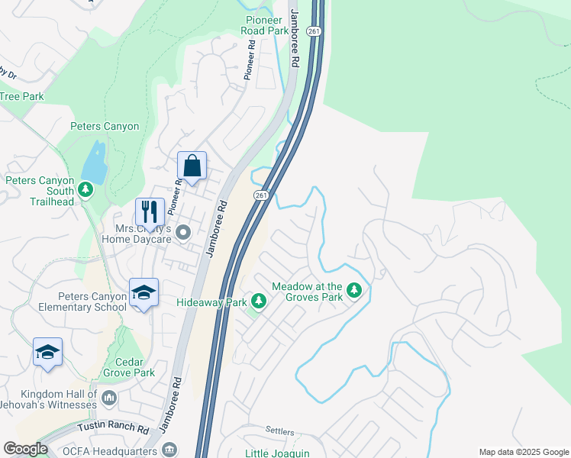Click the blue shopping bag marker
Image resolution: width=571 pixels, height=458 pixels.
click(192, 166)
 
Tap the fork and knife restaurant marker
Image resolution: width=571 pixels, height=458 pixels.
click(150, 211)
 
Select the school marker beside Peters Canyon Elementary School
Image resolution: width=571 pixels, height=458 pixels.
click(144, 293)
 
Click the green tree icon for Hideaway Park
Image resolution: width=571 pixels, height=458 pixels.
click(259, 303)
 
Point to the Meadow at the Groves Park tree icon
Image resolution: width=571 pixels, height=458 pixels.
click(353, 290)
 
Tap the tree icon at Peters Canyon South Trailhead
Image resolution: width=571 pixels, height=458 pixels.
click(85, 189)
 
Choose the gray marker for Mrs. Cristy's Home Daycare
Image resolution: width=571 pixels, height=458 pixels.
click(182, 231)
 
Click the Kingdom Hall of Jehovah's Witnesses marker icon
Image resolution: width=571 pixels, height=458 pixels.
click(108, 398)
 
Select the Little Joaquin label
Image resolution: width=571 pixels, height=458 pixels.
click(277, 453)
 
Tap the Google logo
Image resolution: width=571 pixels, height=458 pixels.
click(25, 449)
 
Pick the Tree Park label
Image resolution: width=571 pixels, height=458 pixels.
click(21, 97)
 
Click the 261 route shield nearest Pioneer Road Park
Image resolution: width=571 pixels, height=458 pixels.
click(314, 31)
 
